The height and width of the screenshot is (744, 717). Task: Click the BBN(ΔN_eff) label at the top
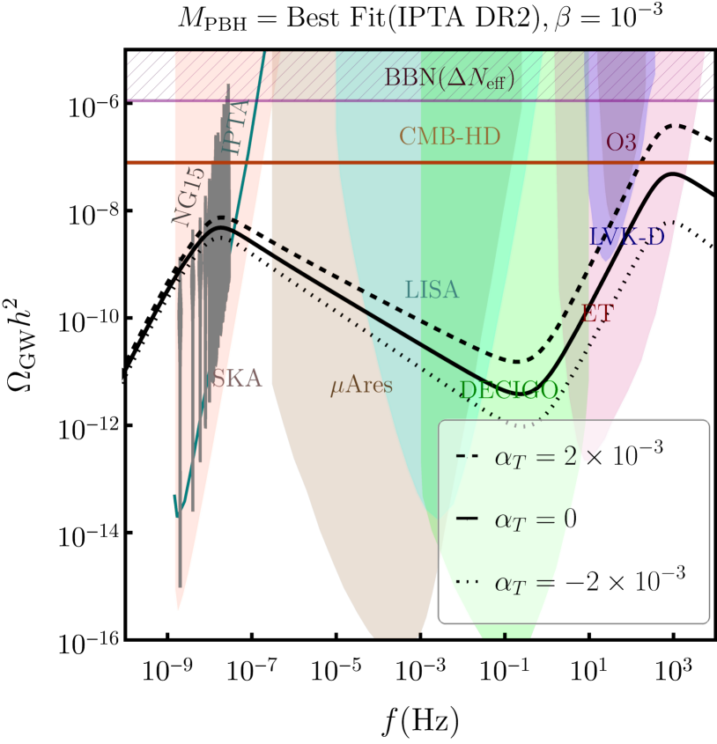coord(449,77)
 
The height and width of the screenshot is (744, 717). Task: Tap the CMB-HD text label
coord(449,136)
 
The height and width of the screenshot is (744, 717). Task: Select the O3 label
coord(621,142)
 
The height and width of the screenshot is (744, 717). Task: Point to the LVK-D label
coord(626,236)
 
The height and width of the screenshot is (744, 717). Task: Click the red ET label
coord(596,313)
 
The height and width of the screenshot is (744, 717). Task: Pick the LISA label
coord(432,290)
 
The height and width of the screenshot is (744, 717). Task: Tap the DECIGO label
coord(508,390)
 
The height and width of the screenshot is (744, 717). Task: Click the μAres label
coord(361,386)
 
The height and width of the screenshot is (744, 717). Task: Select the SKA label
coord(237,379)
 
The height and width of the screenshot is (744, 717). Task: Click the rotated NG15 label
coord(189,197)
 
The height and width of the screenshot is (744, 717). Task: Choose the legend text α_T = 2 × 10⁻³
coord(578,454)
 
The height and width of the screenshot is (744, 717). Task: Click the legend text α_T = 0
coord(536,519)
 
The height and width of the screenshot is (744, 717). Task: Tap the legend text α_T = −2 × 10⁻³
coord(589,580)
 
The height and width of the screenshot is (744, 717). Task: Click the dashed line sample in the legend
coord(467,456)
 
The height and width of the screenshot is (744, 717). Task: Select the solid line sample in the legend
coord(467,519)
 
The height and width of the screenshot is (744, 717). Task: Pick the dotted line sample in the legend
coord(467,581)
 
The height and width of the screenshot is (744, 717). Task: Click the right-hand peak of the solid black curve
coord(675,174)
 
